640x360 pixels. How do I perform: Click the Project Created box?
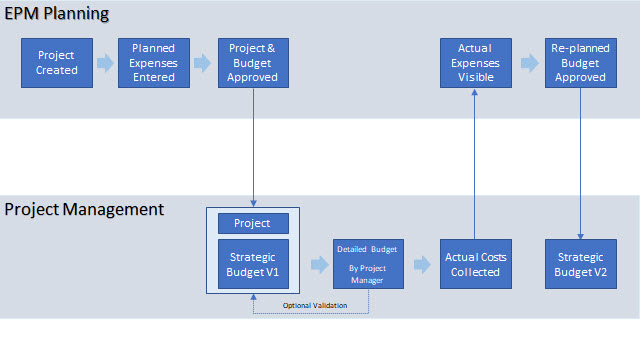[x=56, y=63]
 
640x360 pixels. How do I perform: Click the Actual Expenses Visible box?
[x=475, y=63]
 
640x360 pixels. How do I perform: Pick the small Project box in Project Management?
[x=253, y=223]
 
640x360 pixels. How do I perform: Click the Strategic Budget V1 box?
[x=253, y=264]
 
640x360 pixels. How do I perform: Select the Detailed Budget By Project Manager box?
[x=367, y=264]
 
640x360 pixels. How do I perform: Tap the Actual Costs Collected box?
[x=475, y=264]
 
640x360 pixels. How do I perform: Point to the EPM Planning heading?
[x=57, y=15]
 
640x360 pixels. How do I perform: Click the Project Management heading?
[x=83, y=210]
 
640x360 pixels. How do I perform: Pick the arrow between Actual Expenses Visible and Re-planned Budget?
[x=527, y=63]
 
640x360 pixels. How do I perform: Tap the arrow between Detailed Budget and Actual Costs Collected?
[x=421, y=264]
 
